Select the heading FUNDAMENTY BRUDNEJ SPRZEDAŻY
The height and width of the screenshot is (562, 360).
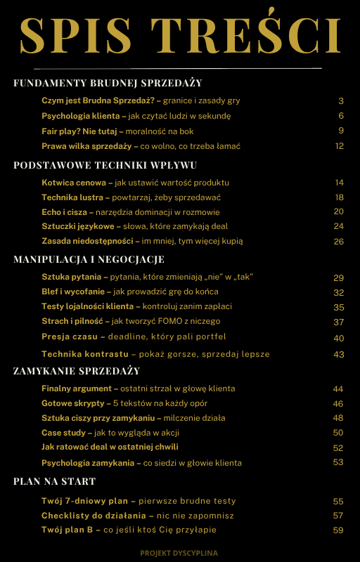tap(108, 83)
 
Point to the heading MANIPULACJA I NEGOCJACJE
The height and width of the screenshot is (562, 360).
tap(98, 259)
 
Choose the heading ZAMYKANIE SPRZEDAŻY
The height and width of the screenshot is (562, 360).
tap(77, 370)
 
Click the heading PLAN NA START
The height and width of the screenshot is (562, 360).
tap(55, 481)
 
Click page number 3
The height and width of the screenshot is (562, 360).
tap(340, 100)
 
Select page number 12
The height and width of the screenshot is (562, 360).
tap(339, 146)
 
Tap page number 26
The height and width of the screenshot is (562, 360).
tap(339, 241)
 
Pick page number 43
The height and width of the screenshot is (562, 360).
tap(339, 354)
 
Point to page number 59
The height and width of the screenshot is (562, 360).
tap(339, 530)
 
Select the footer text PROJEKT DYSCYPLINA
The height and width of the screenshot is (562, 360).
tap(179, 553)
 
